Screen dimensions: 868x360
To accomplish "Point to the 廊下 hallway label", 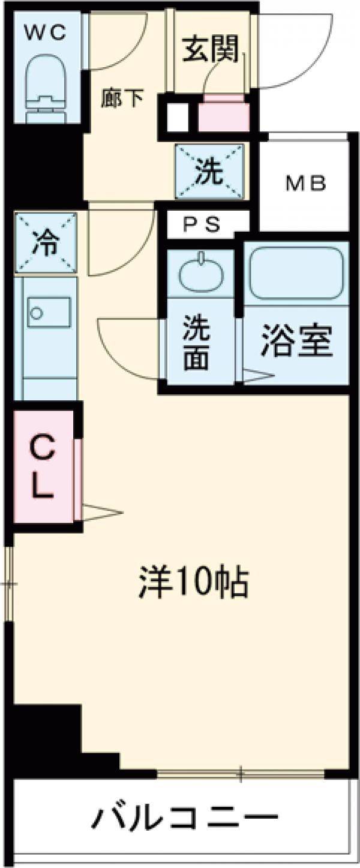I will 122,98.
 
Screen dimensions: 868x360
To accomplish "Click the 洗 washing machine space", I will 210,172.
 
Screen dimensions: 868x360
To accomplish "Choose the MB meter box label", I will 305,183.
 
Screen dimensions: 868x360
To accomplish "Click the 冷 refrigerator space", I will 46,243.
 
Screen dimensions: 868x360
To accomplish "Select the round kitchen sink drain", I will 37,312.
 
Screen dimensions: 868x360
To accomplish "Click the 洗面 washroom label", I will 196,344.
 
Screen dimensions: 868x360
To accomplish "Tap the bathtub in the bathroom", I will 296,273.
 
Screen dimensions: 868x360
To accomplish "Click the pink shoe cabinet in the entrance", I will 223,115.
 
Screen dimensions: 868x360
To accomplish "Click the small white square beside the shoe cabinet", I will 176,118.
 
